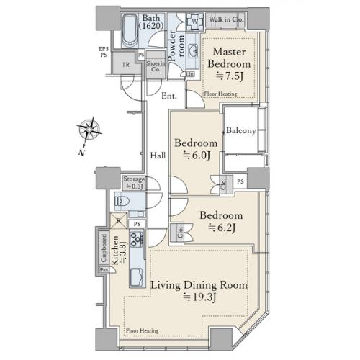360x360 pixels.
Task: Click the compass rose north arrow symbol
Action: tap(89, 133)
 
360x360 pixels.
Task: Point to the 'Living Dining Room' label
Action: tap(199, 285)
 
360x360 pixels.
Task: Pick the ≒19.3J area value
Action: tap(199, 297)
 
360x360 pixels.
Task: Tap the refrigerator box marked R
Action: tap(120, 222)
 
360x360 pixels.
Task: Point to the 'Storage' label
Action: tap(134, 179)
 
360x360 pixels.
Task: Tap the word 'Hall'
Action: tap(158, 155)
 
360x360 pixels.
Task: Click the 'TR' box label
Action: tap(125, 64)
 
